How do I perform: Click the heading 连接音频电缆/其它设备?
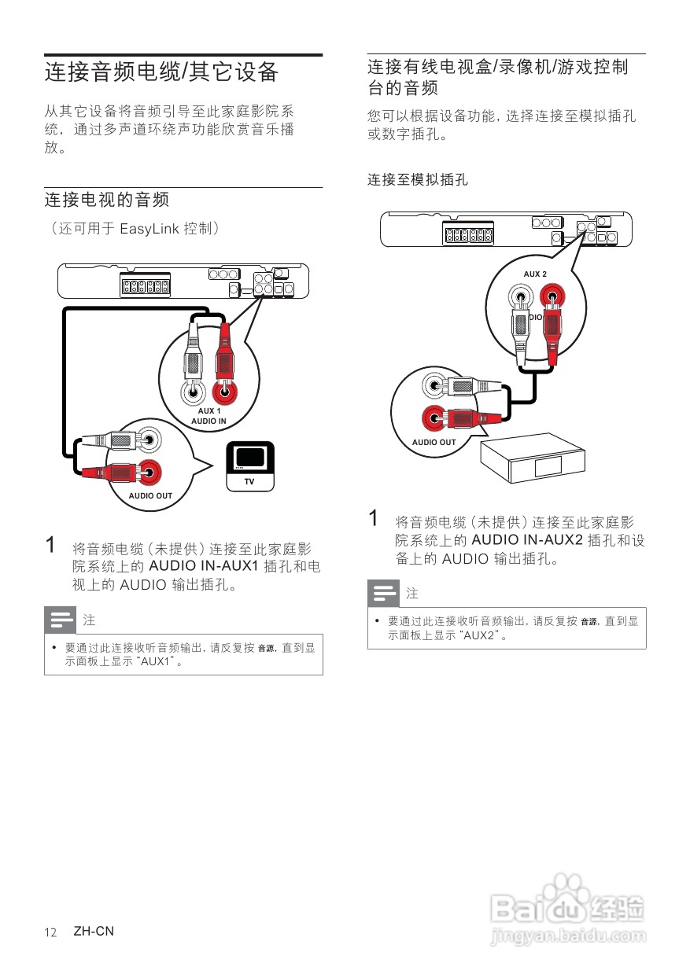pyautogui.click(x=162, y=72)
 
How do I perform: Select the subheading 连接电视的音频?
pyautogui.click(x=106, y=200)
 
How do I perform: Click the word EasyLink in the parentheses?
pyautogui.click(x=149, y=229)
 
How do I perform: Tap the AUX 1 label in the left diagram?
pyautogui.click(x=208, y=410)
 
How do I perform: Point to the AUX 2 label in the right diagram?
pyautogui.click(x=535, y=274)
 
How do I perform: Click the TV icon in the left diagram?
pyautogui.click(x=249, y=465)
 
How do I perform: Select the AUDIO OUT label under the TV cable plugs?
pyautogui.click(x=150, y=496)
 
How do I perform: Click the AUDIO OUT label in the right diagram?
pyautogui.click(x=434, y=442)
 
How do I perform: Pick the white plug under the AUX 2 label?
pyautogui.click(x=520, y=330)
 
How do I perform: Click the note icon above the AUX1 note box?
pyautogui.click(x=62, y=620)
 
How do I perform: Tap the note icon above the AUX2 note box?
pyautogui.click(x=386, y=593)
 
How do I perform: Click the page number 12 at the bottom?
pyautogui.click(x=51, y=932)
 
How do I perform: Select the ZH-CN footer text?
pyautogui.click(x=94, y=931)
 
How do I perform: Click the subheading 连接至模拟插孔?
pyautogui.click(x=417, y=180)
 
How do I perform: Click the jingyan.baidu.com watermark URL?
pyautogui.click(x=566, y=936)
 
